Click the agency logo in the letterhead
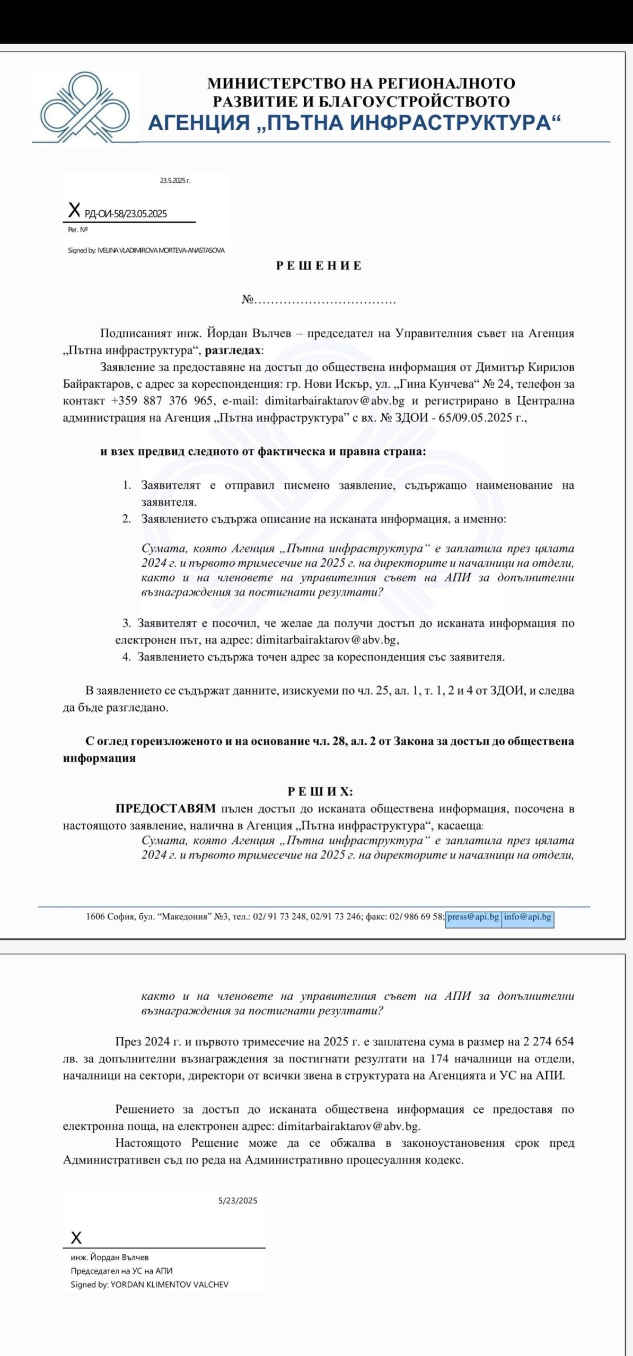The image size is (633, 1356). [85, 108]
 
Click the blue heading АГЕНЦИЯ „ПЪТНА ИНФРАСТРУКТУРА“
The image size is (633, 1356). [354, 123]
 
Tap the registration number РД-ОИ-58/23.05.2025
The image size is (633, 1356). [126, 214]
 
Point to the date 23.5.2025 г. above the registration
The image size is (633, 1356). [175, 181]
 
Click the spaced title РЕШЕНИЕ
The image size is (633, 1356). [319, 266]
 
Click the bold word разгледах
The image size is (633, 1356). [233, 350]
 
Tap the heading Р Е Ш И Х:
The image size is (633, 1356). [320, 791]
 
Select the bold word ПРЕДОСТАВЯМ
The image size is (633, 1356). [165, 808]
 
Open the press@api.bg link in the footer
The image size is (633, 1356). [473, 917]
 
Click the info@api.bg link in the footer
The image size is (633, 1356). [527, 917]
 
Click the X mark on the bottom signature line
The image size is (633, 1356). [76, 1238]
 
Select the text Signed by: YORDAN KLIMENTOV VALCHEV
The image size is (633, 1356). [150, 1284]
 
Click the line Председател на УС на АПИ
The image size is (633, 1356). [121, 1271]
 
